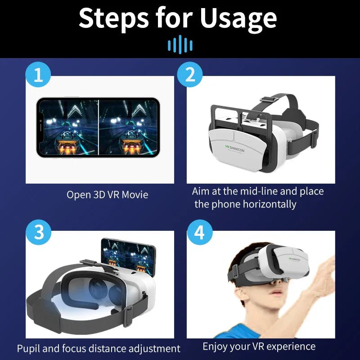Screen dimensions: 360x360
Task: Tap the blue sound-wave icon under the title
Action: (180, 45)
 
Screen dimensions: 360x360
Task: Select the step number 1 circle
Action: (38, 75)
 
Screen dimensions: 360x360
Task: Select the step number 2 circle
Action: (190, 75)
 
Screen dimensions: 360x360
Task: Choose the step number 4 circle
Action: (199, 233)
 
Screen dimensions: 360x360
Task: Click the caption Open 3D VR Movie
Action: (107, 195)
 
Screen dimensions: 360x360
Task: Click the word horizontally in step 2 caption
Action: (270, 204)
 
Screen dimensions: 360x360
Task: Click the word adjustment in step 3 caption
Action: (152, 348)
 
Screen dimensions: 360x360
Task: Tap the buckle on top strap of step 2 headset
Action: (269, 98)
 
